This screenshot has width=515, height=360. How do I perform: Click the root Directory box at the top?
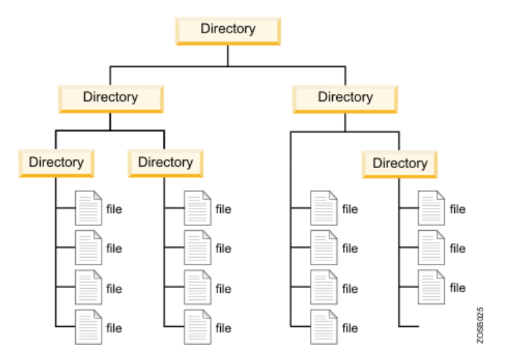(x=228, y=30)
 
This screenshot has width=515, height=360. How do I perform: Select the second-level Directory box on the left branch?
(x=110, y=97)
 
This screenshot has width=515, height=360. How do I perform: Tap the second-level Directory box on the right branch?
(x=345, y=97)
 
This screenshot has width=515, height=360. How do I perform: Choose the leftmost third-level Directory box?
(x=56, y=163)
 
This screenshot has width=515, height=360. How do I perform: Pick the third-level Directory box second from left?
(x=165, y=163)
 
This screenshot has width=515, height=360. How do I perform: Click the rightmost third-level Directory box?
(x=400, y=164)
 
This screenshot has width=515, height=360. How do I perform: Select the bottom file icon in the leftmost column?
(x=88, y=326)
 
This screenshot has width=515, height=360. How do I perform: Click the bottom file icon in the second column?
(x=197, y=326)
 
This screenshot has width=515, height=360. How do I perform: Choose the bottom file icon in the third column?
(x=323, y=326)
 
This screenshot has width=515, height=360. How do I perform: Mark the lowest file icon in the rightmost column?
(x=432, y=286)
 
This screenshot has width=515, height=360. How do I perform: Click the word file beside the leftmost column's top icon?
(x=114, y=208)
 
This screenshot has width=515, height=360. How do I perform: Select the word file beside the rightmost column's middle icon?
(x=458, y=248)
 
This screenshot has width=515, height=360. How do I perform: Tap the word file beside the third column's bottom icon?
(x=350, y=328)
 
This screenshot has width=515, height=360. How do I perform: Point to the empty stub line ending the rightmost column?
(x=409, y=325)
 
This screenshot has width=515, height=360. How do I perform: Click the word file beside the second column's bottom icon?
(x=223, y=328)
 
